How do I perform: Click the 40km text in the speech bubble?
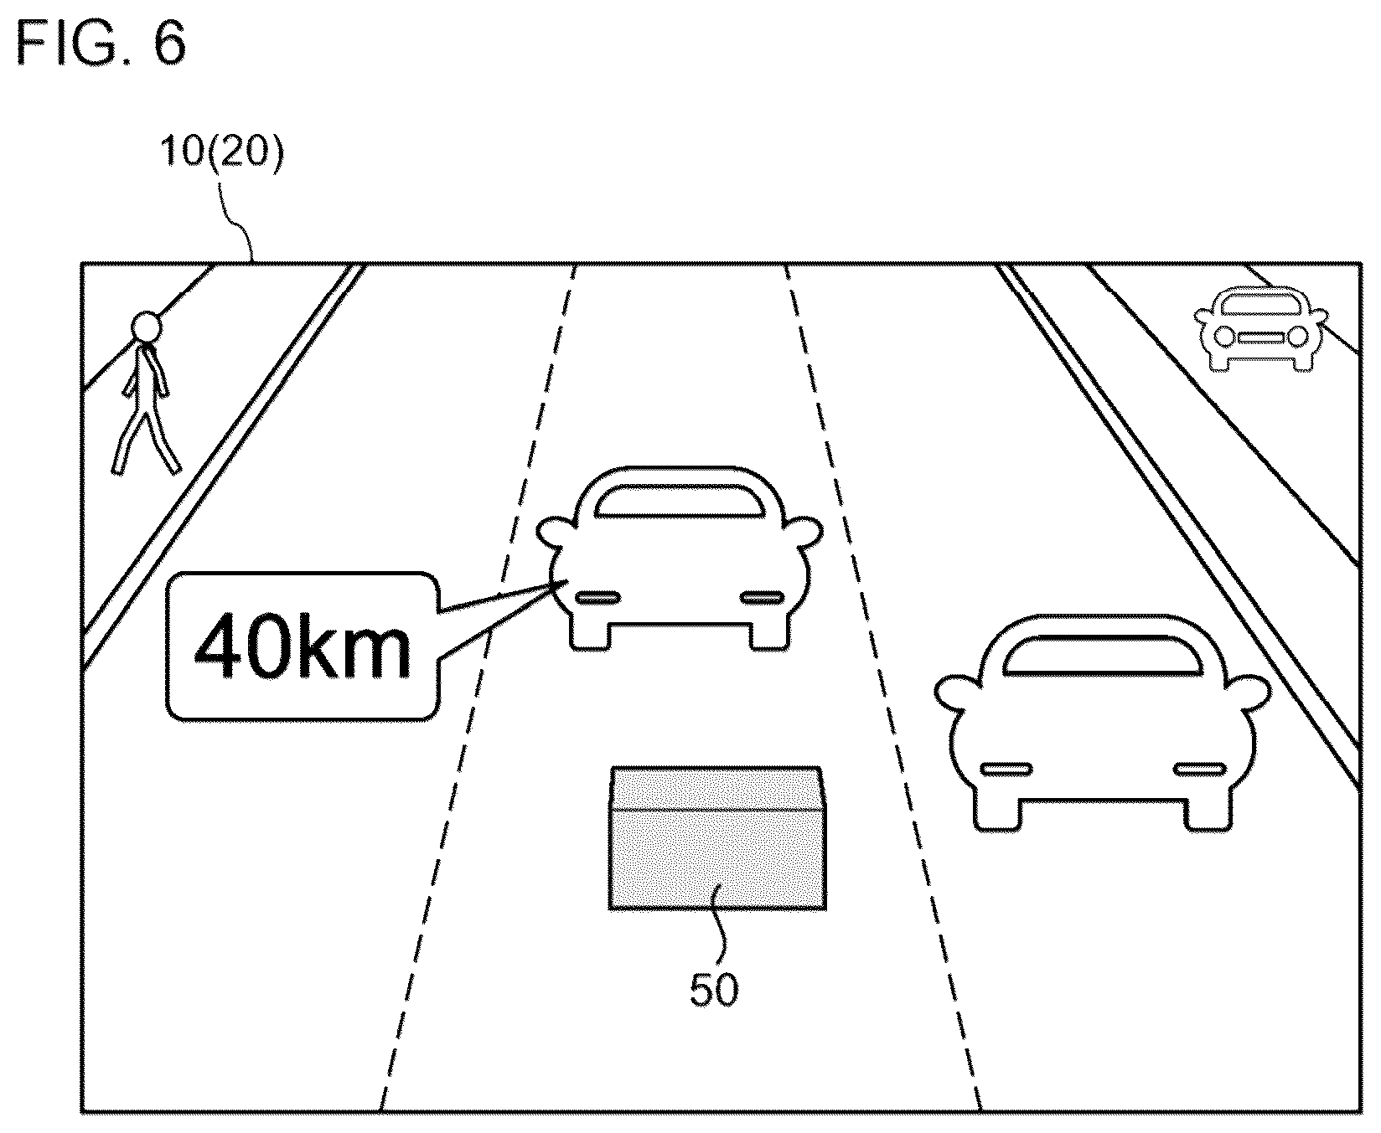point(303,647)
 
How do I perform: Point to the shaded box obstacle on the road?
point(716,837)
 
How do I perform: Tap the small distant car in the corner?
point(1259,327)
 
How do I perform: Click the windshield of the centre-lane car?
point(678,500)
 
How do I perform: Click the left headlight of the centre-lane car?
point(597,597)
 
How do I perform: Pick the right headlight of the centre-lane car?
point(762,597)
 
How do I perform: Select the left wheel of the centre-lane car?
point(590,635)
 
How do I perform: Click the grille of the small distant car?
point(1260,337)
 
